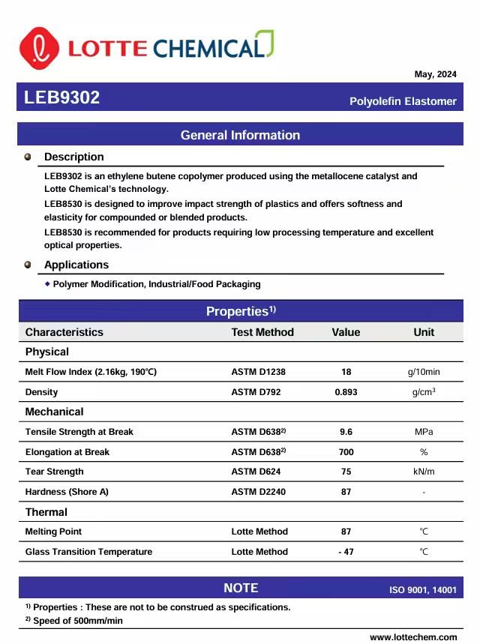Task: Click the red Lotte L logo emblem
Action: (x=39, y=47)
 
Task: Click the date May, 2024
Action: (x=435, y=74)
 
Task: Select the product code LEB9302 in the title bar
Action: (x=61, y=98)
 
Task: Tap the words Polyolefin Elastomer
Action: (x=403, y=101)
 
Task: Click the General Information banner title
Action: (x=240, y=135)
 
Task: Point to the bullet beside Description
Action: (x=28, y=157)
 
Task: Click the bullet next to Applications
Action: (x=28, y=265)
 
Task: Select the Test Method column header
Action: (x=262, y=332)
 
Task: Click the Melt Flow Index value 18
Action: (x=346, y=372)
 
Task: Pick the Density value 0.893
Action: (x=346, y=392)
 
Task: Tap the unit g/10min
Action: (x=424, y=372)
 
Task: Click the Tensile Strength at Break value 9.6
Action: (x=346, y=432)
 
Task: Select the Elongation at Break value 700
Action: (x=346, y=452)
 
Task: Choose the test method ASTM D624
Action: (x=258, y=472)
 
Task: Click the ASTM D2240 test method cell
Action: (x=258, y=492)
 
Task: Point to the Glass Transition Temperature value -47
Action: (x=346, y=552)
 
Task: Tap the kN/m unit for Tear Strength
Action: (x=424, y=472)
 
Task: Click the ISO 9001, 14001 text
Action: (x=422, y=590)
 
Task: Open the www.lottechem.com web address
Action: (x=413, y=637)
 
